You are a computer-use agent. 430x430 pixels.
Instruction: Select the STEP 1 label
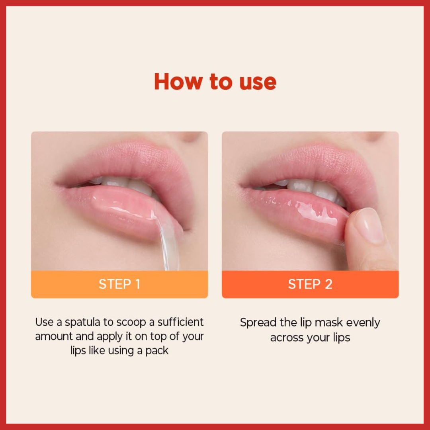pos(119,284)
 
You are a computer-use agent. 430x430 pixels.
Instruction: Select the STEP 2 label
pos(310,284)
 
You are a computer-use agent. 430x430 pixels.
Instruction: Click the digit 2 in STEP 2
pos(328,284)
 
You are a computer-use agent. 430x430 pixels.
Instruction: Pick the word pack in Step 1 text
pos(157,351)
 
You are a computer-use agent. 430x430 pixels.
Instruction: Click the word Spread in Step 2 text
pos(258,323)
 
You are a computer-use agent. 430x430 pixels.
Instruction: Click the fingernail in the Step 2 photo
pos(368,225)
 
